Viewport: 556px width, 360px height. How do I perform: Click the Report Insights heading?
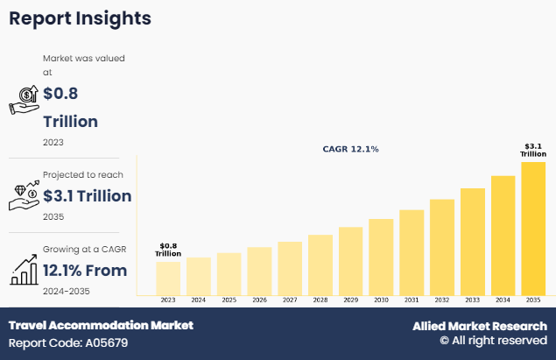(x=80, y=18)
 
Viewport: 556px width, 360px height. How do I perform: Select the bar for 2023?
(x=168, y=278)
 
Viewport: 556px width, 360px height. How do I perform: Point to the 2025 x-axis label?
(x=229, y=300)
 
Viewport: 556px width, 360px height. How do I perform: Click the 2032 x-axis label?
(x=442, y=300)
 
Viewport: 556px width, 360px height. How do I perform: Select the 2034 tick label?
(x=503, y=300)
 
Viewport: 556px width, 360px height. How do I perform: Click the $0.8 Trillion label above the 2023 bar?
(x=168, y=250)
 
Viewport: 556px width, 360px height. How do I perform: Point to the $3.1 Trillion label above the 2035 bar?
(x=533, y=150)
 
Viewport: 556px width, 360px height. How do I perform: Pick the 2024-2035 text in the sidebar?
(x=67, y=291)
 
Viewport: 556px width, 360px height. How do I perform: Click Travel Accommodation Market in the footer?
(x=101, y=325)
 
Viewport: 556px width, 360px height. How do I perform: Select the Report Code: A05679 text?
(x=68, y=342)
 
